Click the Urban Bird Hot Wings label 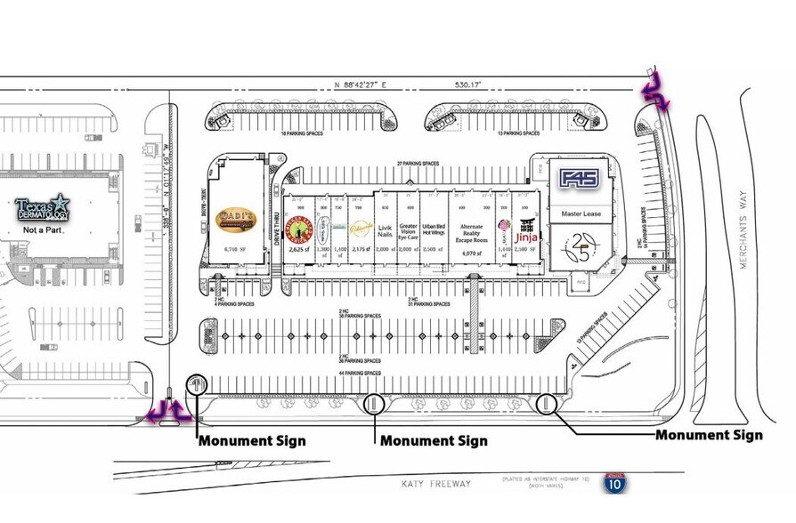(x=434, y=230)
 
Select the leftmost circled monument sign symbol (x=196, y=385)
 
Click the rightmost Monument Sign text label (x=709, y=435)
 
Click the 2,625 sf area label (x=298, y=250)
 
